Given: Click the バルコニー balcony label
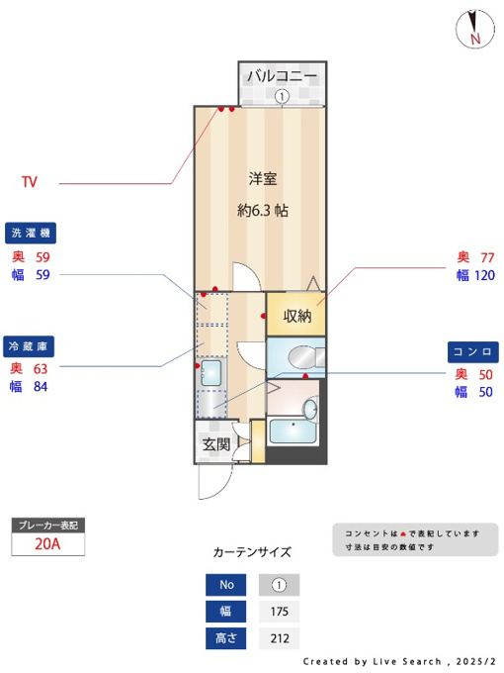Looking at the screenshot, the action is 282,76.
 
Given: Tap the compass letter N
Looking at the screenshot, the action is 475,39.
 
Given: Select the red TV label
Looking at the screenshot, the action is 30,182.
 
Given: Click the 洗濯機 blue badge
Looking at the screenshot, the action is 31,233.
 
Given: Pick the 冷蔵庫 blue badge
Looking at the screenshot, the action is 29,346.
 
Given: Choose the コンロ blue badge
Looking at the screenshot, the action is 473,352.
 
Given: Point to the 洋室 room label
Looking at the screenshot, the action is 263,178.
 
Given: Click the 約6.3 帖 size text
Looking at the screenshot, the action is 263,210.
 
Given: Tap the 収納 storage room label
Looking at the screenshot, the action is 297,317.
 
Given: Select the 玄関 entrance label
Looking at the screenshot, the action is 216,444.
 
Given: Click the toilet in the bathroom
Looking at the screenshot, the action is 306,357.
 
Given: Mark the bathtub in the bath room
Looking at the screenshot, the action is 293,431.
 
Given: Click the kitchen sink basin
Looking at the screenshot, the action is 210,372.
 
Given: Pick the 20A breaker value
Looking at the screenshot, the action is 47,543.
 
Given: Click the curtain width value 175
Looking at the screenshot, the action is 279,612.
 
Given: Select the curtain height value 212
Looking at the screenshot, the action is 280,638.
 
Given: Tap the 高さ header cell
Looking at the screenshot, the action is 226,638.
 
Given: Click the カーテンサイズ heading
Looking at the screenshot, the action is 252,552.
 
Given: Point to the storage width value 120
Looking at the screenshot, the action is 484,275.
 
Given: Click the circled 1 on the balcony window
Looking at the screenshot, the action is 282,96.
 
